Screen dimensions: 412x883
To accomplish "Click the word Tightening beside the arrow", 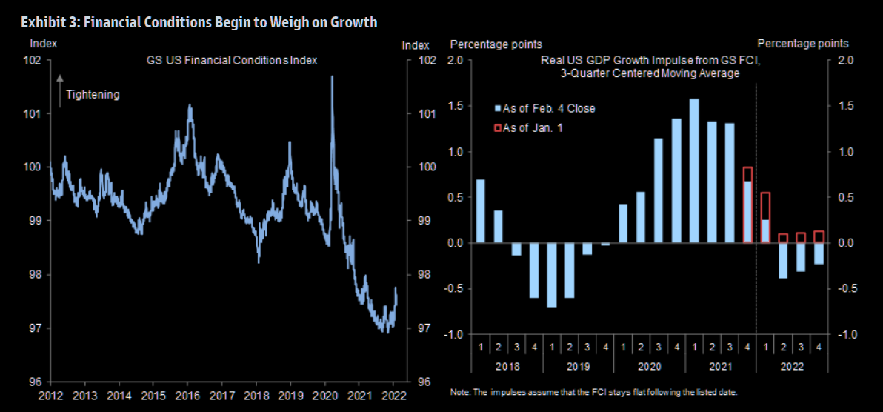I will click(x=93, y=94).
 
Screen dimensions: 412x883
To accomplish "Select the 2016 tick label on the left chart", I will click(x=187, y=394).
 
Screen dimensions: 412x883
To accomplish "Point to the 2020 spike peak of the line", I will click(x=331, y=77).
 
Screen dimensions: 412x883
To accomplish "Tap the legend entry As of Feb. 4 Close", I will click(x=549, y=108).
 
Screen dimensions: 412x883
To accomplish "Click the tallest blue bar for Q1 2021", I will click(x=694, y=170).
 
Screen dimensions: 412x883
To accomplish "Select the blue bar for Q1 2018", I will click(x=480, y=211).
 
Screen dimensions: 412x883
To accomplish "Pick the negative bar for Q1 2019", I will click(x=551, y=274).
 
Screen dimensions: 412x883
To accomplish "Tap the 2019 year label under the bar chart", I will click(x=578, y=367).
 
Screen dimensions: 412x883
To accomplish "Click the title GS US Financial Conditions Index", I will click(x=231, y=60).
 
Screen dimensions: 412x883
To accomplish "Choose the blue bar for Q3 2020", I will click(x=659, y=190).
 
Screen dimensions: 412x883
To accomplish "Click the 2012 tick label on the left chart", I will click(x=50, y=394).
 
